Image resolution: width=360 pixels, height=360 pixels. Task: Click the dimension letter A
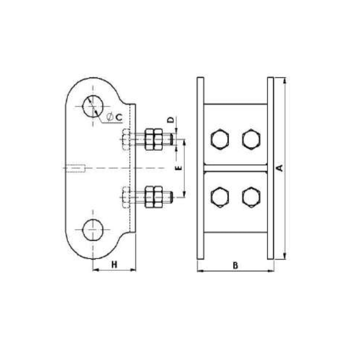tap(279, 168)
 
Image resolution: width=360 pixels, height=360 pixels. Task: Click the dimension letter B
tap(235, 265)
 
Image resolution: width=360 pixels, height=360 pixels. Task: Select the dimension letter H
tap(114, 265)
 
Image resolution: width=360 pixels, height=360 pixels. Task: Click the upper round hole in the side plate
tap(93, 106)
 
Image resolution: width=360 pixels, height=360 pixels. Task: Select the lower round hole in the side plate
tap(93, 230)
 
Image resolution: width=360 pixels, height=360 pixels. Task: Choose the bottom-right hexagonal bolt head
tap(251, 197)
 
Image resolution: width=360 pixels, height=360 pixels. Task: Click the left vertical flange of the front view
tap(201, 168)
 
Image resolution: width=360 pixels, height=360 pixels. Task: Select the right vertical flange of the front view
tap(270, 168)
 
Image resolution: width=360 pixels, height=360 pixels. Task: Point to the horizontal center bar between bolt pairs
tap(235, 168)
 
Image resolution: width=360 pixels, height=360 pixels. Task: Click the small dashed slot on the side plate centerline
tap(75, 169)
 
